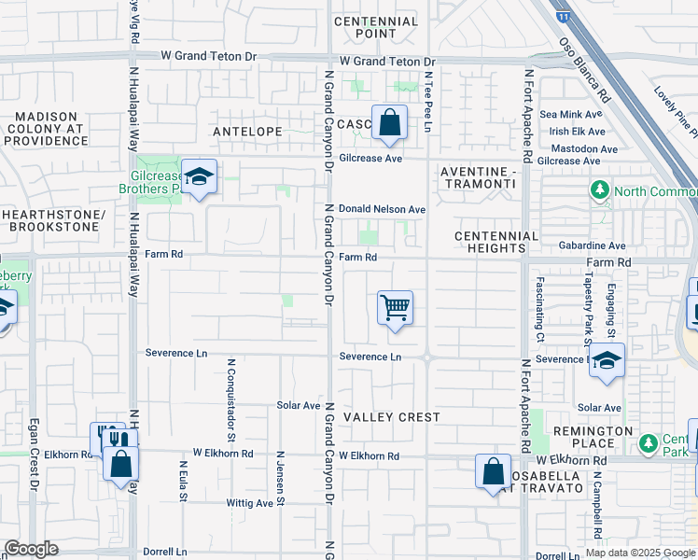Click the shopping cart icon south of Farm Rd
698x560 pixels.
(x=396, y=308)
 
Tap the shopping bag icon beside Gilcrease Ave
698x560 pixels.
(x=389, y=122)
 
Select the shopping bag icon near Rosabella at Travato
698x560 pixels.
(x=493, y=471)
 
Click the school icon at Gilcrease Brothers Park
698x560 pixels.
(x=198, y=176)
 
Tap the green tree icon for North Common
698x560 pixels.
(x=599, y=191)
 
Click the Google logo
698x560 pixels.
(x=30, y=549)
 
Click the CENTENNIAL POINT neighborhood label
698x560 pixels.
(x=375, y=28)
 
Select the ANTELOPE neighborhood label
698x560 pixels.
(x=247, y=132)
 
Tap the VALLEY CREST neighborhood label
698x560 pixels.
(x=391, y=417)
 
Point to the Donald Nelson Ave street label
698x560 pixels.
(x=382, y=210)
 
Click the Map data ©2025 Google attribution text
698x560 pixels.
(x=640, y=553)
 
